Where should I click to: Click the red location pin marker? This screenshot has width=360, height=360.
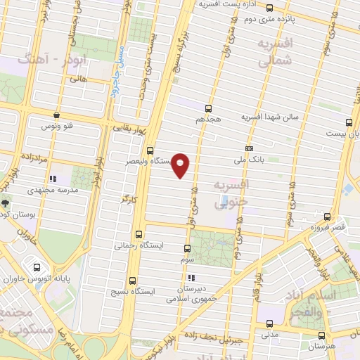[x=181, y=165]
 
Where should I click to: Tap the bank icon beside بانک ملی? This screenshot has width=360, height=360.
[x=249, y=148]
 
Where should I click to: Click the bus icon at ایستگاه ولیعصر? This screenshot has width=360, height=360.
[x=150, y=150]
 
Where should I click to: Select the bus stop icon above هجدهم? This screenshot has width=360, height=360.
[x=207, y=108]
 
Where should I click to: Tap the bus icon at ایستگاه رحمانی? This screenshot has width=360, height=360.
[x=138, y=235]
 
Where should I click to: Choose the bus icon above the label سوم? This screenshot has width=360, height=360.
[x=187, y=248]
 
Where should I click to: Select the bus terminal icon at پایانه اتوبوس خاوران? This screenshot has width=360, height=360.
[x=37, y=267]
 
